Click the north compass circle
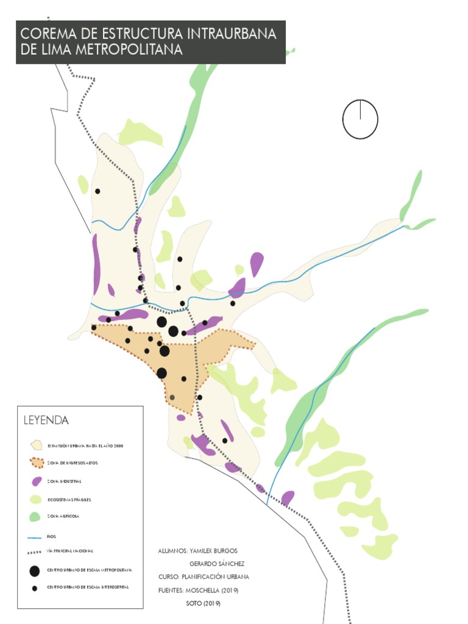pos(360,119)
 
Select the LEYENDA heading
pos(46,420)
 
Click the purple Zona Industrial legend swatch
pos(36,481)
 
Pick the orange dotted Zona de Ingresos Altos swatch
pos(37,463)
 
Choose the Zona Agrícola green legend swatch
pos(35,517)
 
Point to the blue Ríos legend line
pos(35,537)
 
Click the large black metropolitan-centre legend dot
pos(35,570)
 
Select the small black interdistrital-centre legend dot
pos(35,588)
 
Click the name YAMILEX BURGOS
pos(213,551)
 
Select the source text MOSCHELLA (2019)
pos(217,590)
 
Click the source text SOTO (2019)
pos(203,603)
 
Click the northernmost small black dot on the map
pos(97,191)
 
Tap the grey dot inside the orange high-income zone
pos(172,397)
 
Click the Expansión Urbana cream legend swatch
pos(36,445)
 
